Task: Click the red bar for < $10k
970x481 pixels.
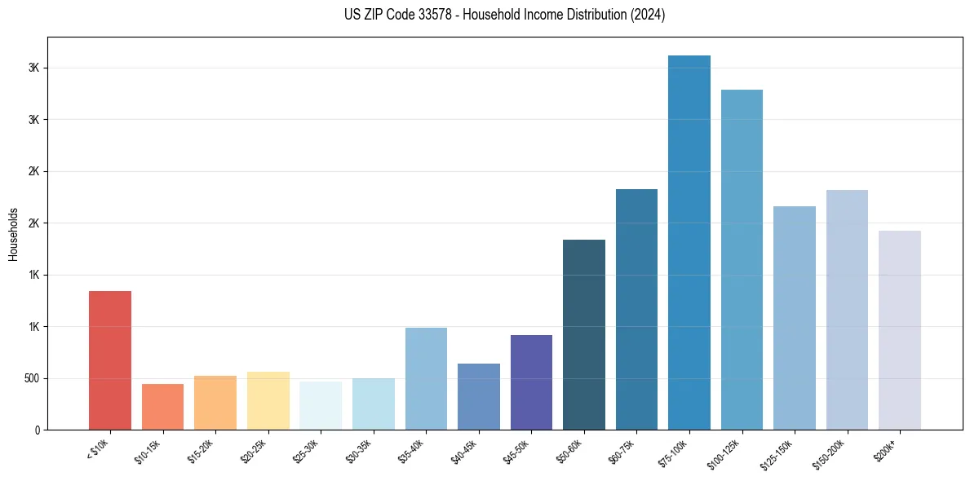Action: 110,360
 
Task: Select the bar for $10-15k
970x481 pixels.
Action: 162,407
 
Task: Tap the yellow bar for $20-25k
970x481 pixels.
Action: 268,401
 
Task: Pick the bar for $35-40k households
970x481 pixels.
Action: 426,379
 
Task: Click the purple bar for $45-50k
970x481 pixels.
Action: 531,382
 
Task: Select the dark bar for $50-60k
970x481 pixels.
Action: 584,335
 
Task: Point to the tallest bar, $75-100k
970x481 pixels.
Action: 689,243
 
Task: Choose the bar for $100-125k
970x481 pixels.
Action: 742,260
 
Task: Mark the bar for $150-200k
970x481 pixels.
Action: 847,310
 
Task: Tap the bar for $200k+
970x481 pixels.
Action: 900,330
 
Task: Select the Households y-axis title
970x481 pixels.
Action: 13,234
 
